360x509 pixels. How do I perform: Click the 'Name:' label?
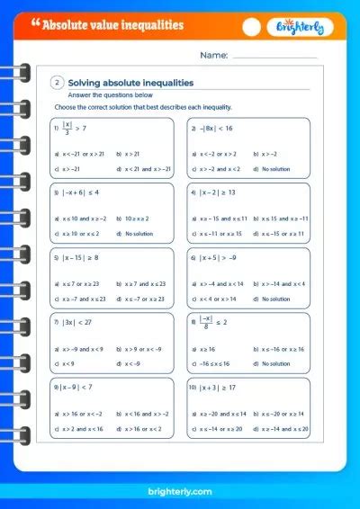(x=213, y=55)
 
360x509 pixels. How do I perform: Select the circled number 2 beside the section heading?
(x=58, y=83)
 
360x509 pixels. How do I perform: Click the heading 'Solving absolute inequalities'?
(x=131, y=83)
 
